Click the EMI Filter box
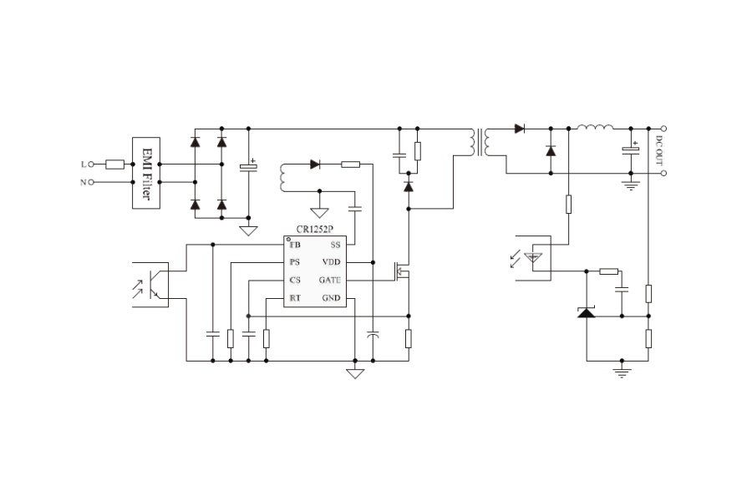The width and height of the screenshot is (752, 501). (146, 173)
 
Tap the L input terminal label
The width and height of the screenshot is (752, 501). (84, 164)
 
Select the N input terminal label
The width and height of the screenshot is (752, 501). (84, 182)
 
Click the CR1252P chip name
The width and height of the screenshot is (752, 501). (315, 230)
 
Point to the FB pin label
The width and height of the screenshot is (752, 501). (295, 245)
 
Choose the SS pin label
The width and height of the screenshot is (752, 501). (335, 245)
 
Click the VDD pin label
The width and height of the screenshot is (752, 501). (332, 262)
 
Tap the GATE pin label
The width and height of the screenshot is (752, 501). (330, 280)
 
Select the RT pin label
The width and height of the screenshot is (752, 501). (295, 298)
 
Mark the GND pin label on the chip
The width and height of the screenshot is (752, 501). (332, 298)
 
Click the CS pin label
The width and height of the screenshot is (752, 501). (295, 280)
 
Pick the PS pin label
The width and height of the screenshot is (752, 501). (295, 262)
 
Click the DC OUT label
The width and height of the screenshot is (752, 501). (659, 150)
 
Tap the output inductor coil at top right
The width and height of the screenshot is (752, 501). (595, 127)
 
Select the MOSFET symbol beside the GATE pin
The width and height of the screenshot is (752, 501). (401, 271)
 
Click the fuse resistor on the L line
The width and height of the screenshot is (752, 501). (114, 164)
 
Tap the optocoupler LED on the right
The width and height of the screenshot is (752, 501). (533, 258)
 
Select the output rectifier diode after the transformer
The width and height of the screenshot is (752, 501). (520, 129)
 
